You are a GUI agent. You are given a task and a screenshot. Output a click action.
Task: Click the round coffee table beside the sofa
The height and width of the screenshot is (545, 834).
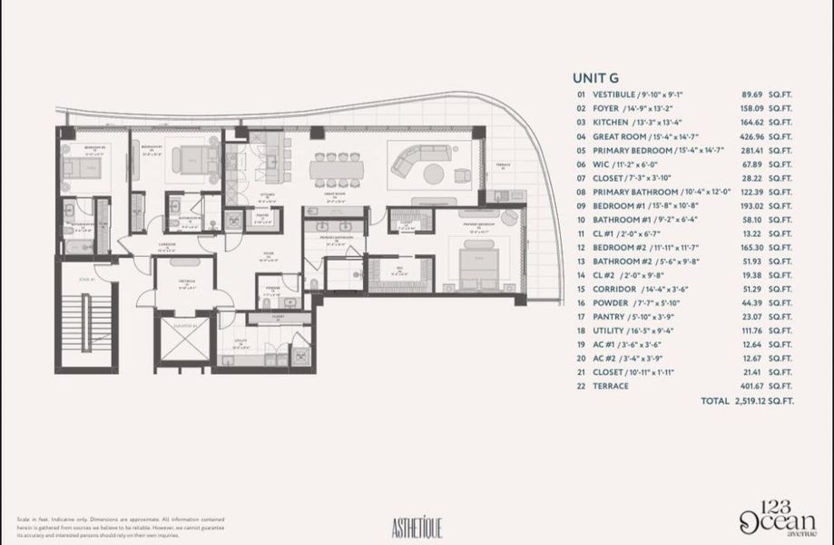(435, 173)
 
